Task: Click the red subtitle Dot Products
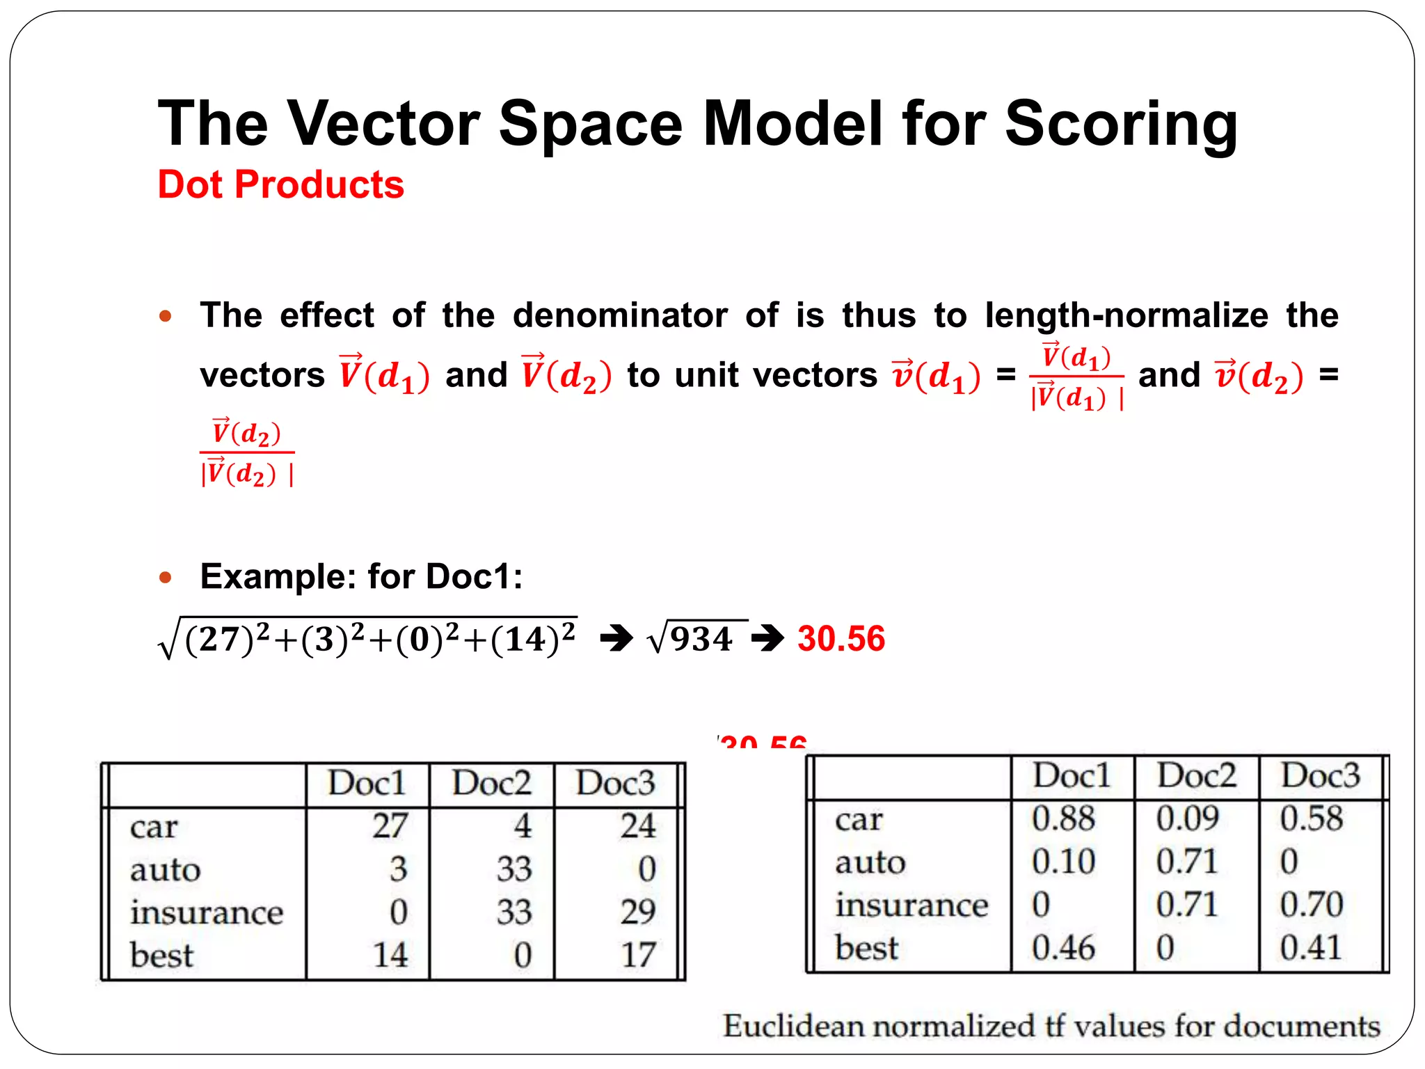[280, 185]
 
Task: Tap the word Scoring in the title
[1121, 124]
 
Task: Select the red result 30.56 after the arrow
[841, 639]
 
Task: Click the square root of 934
[692, 639]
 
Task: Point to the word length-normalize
[1127, 315]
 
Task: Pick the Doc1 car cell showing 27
[389, 826]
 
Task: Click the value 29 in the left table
[637, 912]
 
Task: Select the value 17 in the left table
[637, 955]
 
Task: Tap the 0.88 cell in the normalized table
[1062, 818]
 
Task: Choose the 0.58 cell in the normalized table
[1311, 818]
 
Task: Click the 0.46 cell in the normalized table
[1062, 948]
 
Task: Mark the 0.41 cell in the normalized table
[1310, 948]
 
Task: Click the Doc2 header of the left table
[491, 784]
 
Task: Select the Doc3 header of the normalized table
[1320, 776]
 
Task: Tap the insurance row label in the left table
[207, 912]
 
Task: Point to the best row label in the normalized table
[866, 948]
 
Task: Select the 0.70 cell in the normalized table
[1311, 905]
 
